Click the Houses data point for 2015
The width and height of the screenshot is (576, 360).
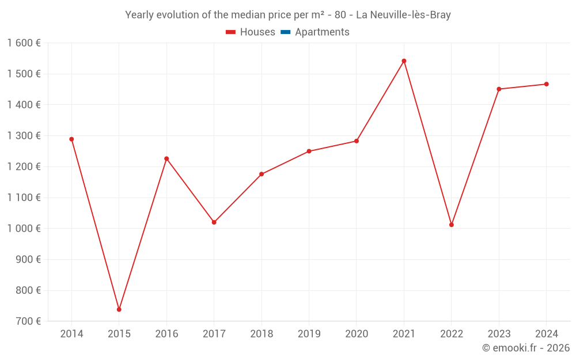point(119,309)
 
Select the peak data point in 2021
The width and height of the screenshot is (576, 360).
point(404,61)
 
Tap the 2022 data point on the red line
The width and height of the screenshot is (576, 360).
point(452,225)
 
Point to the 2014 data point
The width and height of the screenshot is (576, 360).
point(71,139)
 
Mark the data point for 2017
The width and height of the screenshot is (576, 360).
point(214,222)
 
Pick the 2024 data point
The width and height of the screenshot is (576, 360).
point(546,84)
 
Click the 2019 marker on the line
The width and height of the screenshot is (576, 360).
point(309,151)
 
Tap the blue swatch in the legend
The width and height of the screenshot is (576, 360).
point(285,32)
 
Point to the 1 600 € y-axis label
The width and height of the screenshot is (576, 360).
point(24,43)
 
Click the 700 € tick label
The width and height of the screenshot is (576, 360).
point(28,321)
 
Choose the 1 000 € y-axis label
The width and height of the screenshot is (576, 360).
point(24,229)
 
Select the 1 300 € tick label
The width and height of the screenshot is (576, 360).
point(24,136)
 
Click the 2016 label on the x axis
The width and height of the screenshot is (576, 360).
point(166,334)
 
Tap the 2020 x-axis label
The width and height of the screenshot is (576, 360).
point(357,334)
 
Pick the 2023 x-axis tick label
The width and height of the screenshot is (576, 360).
point(499,334)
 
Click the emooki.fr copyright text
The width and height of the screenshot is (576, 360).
point(525,348)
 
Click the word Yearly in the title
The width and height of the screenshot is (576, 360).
point(139,15)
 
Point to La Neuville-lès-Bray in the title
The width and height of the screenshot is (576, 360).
point(403,15)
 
